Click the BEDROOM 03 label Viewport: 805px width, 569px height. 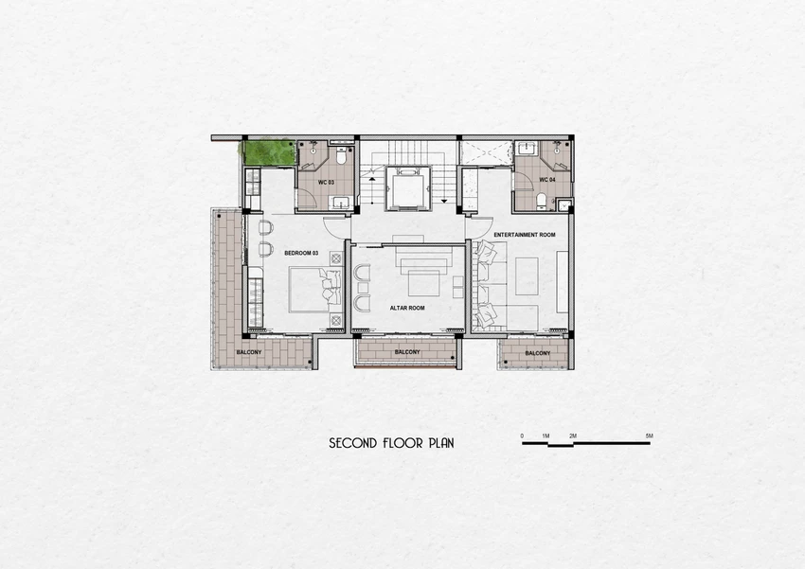301,253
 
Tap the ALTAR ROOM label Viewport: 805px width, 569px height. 407,308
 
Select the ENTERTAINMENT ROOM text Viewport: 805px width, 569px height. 525,235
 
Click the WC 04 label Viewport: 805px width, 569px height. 547,180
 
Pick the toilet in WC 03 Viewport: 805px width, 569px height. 341,156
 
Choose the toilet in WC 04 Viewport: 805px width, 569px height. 541,201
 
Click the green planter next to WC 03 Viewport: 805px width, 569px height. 269,152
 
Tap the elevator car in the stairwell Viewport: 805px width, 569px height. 409,187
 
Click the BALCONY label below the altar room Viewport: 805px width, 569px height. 407,352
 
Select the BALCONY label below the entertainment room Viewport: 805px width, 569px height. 538,353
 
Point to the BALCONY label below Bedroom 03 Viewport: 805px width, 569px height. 249,352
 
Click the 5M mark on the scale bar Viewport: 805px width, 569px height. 650,436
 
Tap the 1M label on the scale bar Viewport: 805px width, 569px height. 546,436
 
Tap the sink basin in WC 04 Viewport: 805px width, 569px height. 526,150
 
